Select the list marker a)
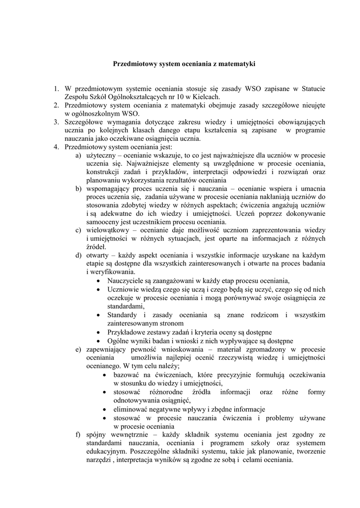[78, 155]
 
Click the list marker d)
[78, 255]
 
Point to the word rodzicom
[266, 314]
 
